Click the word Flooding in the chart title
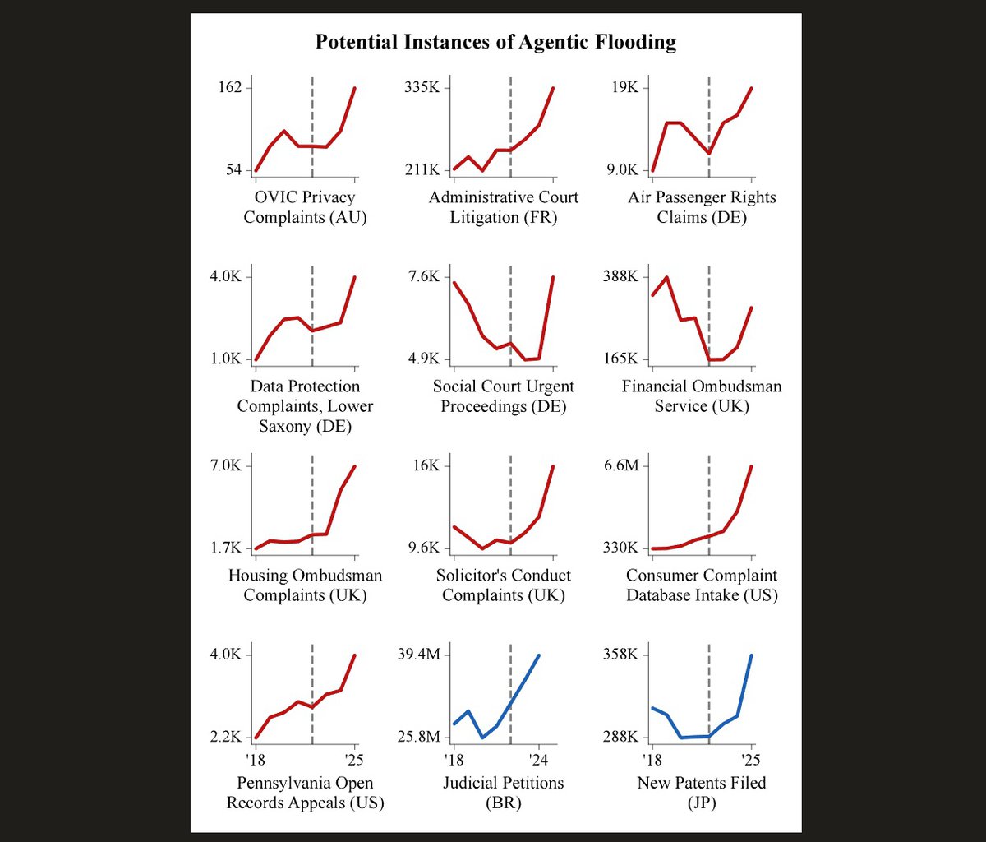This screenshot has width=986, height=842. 635,43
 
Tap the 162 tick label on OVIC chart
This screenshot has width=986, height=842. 231,87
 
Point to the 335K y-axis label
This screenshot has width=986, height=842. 422,87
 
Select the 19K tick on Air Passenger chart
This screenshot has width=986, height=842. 625,87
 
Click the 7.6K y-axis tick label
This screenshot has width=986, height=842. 424,276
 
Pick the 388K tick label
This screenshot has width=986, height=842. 620,276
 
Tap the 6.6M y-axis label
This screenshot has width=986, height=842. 621,465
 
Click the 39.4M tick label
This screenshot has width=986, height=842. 419,655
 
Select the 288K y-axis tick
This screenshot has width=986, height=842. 620,737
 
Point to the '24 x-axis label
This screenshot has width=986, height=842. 538,760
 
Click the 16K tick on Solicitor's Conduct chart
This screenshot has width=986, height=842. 426,465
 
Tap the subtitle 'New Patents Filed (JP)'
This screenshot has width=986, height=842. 702,793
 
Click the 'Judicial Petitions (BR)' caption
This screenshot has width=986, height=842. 503,793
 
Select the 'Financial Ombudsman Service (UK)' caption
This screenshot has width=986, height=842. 702,396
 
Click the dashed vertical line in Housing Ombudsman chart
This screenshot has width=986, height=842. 312,505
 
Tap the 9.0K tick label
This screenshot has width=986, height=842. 623,170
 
